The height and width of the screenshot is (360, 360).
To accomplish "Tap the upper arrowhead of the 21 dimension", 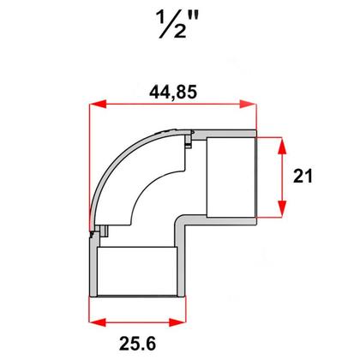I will point(280,140).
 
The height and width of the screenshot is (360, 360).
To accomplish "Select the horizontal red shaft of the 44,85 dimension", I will point(172,105).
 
